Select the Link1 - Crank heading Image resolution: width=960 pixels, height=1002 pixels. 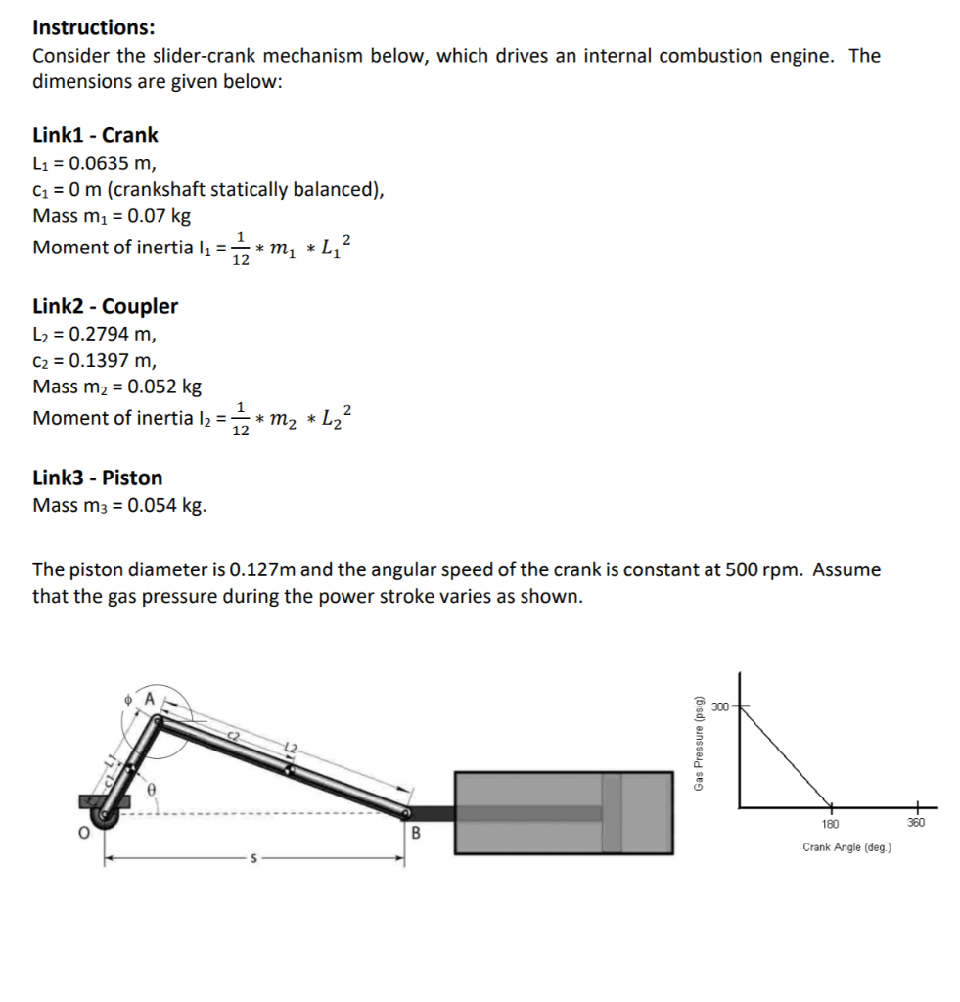95,135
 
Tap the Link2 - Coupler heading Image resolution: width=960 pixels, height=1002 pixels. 105,306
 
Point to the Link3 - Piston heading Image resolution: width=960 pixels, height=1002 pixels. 97,478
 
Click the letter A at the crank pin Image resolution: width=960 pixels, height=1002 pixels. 150,698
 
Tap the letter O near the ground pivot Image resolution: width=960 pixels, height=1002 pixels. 84,834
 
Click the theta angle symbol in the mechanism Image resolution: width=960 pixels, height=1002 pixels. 153,787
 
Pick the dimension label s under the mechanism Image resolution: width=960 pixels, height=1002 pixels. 255,860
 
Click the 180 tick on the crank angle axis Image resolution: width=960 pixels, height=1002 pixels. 829,824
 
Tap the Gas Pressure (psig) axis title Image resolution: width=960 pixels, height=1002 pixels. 698,745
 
